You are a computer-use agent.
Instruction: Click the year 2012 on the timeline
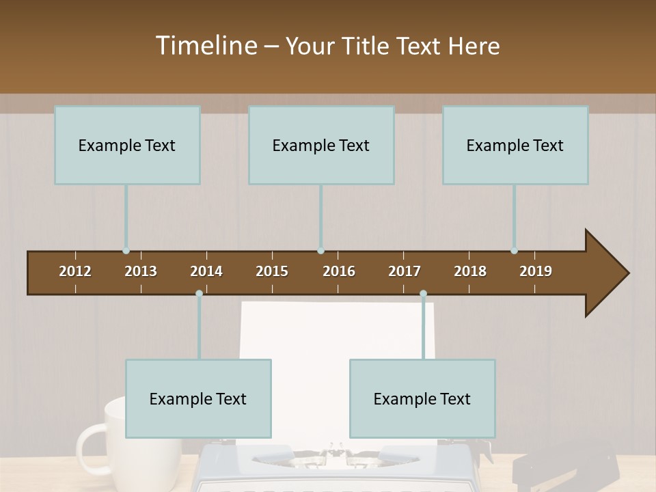coord(75,271)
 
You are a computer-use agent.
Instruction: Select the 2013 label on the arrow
coord(141,271)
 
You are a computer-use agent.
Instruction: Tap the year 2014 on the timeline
coord(206,271)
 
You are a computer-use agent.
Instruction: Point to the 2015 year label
coord(272,271)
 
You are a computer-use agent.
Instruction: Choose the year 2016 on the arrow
coord(339,271)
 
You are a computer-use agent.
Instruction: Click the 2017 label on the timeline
coord(405,271)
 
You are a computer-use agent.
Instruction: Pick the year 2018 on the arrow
coord(470,271)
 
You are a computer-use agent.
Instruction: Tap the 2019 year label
coord(536,271)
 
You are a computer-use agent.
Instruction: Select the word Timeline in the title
coord(206,46)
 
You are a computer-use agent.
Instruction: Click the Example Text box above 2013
coord(127,145)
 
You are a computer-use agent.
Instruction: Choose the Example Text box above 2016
coord(321,145)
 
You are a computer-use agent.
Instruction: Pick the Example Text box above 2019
coord(515,145)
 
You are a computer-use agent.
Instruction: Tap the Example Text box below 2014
coord(198,398)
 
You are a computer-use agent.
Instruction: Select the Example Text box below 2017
coord(422,398)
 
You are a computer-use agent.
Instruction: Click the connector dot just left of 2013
coord(126,251)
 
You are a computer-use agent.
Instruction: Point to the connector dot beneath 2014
coord(199,294)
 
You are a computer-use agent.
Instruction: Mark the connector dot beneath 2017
coord(423,294)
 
